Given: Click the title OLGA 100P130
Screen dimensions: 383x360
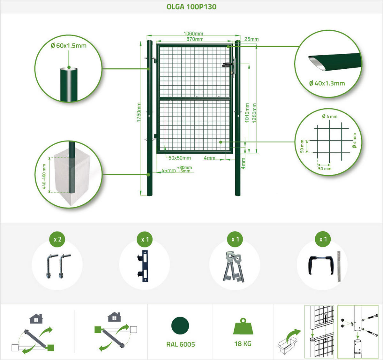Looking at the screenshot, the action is point(191,7).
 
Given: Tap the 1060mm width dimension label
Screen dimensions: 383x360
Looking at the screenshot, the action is point(193,34).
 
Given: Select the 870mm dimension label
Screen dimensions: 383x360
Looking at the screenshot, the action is point(195,39).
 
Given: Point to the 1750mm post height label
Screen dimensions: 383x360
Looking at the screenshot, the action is point(139,112).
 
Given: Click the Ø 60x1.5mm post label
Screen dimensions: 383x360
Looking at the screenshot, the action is point(69,46).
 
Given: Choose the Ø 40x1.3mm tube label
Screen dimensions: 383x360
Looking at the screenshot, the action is point(327,83).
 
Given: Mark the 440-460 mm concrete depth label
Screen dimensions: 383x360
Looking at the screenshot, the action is point(44,176).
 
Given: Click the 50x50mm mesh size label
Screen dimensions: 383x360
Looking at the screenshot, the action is point(180,158).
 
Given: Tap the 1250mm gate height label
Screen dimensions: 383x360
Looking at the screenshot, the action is point(254,113).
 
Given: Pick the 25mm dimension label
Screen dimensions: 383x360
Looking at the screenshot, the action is point(252,39).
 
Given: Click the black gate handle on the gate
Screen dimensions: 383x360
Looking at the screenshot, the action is point(228,65).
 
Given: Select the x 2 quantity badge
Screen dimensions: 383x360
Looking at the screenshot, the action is point(57,239).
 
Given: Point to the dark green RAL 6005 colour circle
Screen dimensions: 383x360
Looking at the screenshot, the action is point(180,326).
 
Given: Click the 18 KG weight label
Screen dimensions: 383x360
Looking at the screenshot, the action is point(243,344).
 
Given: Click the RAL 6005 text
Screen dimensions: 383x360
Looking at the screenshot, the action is point(181,344).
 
